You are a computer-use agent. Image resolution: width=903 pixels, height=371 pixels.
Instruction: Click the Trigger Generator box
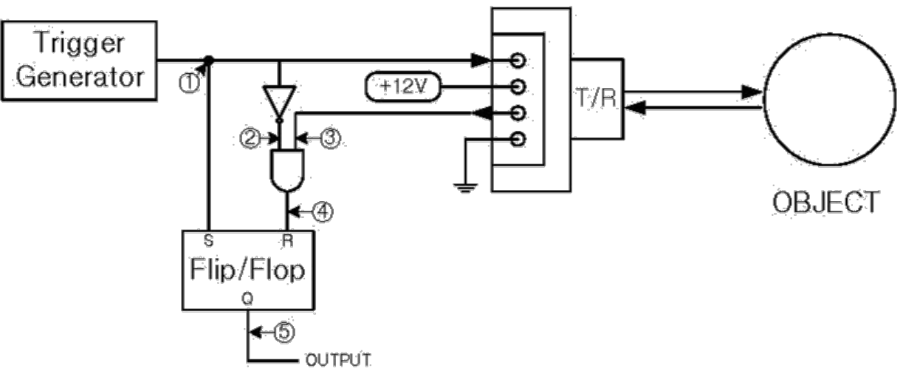point(79,61)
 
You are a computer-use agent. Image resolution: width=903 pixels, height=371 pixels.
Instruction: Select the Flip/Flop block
point(249,270)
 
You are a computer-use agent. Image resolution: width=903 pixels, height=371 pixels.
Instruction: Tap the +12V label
point(403,87)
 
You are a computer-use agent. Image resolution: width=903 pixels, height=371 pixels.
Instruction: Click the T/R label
point(597,99)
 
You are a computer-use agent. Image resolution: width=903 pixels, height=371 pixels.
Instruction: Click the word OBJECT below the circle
point(825,202)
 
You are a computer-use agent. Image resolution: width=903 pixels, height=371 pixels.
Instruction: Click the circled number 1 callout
point(190,84)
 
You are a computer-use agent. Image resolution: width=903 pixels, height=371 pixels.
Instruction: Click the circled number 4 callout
point(324,212)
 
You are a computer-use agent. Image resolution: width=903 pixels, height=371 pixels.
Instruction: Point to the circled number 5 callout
point(283,333)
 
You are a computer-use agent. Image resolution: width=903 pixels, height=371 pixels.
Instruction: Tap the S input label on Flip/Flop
point(209,240)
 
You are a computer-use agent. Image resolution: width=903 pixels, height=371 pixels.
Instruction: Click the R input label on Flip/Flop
point(286,240)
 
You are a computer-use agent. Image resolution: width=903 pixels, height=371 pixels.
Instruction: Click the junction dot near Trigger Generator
point(209,61)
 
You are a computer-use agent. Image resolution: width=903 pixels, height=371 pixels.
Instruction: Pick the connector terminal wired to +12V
point(519,87)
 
